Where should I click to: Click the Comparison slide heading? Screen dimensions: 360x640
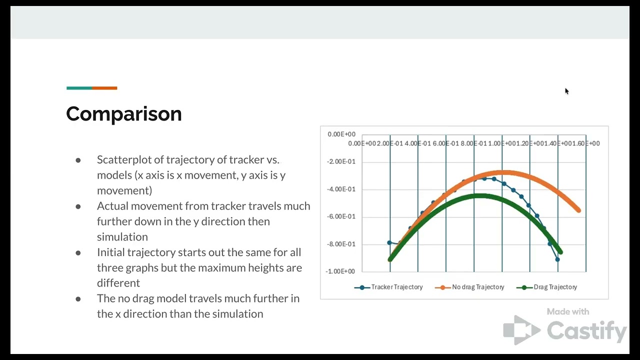[x=124, y=114]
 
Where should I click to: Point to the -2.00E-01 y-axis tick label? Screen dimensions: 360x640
[x=341, y=161]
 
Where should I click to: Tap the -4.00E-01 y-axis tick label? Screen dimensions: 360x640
[x=341, y=189]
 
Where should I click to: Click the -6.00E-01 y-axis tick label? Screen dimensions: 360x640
[x=341, y=216]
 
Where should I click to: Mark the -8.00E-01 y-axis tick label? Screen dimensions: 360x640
[x=341, y=244]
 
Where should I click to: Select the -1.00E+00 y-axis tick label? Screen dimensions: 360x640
[x=341, y=271]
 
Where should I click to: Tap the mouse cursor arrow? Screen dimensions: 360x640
[x=566, y=90]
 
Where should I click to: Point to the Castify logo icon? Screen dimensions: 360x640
[x=521, y=330]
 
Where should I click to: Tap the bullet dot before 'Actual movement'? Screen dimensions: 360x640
[x=78, y=206]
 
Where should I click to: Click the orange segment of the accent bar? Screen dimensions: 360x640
[x=104, y=88]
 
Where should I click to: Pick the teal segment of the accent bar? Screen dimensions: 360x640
[x=79, y=88]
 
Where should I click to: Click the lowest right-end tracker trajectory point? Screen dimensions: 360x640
[x=557, y=259]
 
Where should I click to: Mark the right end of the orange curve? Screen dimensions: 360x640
[x=578, y=210]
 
